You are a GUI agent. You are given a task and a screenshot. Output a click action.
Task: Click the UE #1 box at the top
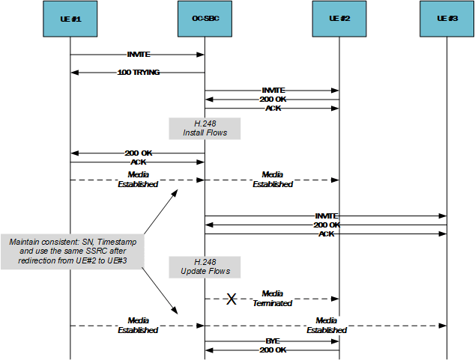tap(70, 18)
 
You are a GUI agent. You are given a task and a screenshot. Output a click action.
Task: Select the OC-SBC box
tap(205, 18)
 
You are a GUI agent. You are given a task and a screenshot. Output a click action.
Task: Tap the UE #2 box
tap(339, 18)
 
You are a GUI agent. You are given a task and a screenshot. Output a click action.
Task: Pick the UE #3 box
tap(447, 18)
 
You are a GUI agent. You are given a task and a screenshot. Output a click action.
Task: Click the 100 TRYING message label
tap(138, 73)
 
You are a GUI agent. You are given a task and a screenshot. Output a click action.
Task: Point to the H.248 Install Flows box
tap(205, 128)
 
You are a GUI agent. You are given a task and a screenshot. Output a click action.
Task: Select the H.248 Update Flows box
tap(205, 266)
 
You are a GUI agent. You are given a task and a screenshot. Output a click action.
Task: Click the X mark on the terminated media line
tap(232, 299)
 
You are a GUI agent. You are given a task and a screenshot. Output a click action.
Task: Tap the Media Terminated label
tap(272, 298)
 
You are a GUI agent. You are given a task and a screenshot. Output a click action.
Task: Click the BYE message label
tap(273, 340)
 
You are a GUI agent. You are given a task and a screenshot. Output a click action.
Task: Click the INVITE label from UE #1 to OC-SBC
tap(138, 55)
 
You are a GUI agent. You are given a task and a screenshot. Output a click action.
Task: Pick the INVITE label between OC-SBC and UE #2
tap(273, 91)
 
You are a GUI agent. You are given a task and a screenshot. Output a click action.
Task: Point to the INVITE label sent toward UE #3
tap(326, 216)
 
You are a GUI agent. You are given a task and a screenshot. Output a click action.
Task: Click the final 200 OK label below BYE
tap(273, 350)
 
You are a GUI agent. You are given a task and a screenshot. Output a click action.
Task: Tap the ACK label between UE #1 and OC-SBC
tap(138, 162)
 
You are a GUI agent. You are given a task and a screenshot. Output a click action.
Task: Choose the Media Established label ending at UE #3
tap(326, 325)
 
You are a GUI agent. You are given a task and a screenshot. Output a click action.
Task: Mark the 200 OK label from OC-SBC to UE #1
tap(138, 153)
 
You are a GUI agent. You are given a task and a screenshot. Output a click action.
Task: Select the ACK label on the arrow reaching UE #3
tap(326, 234)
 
